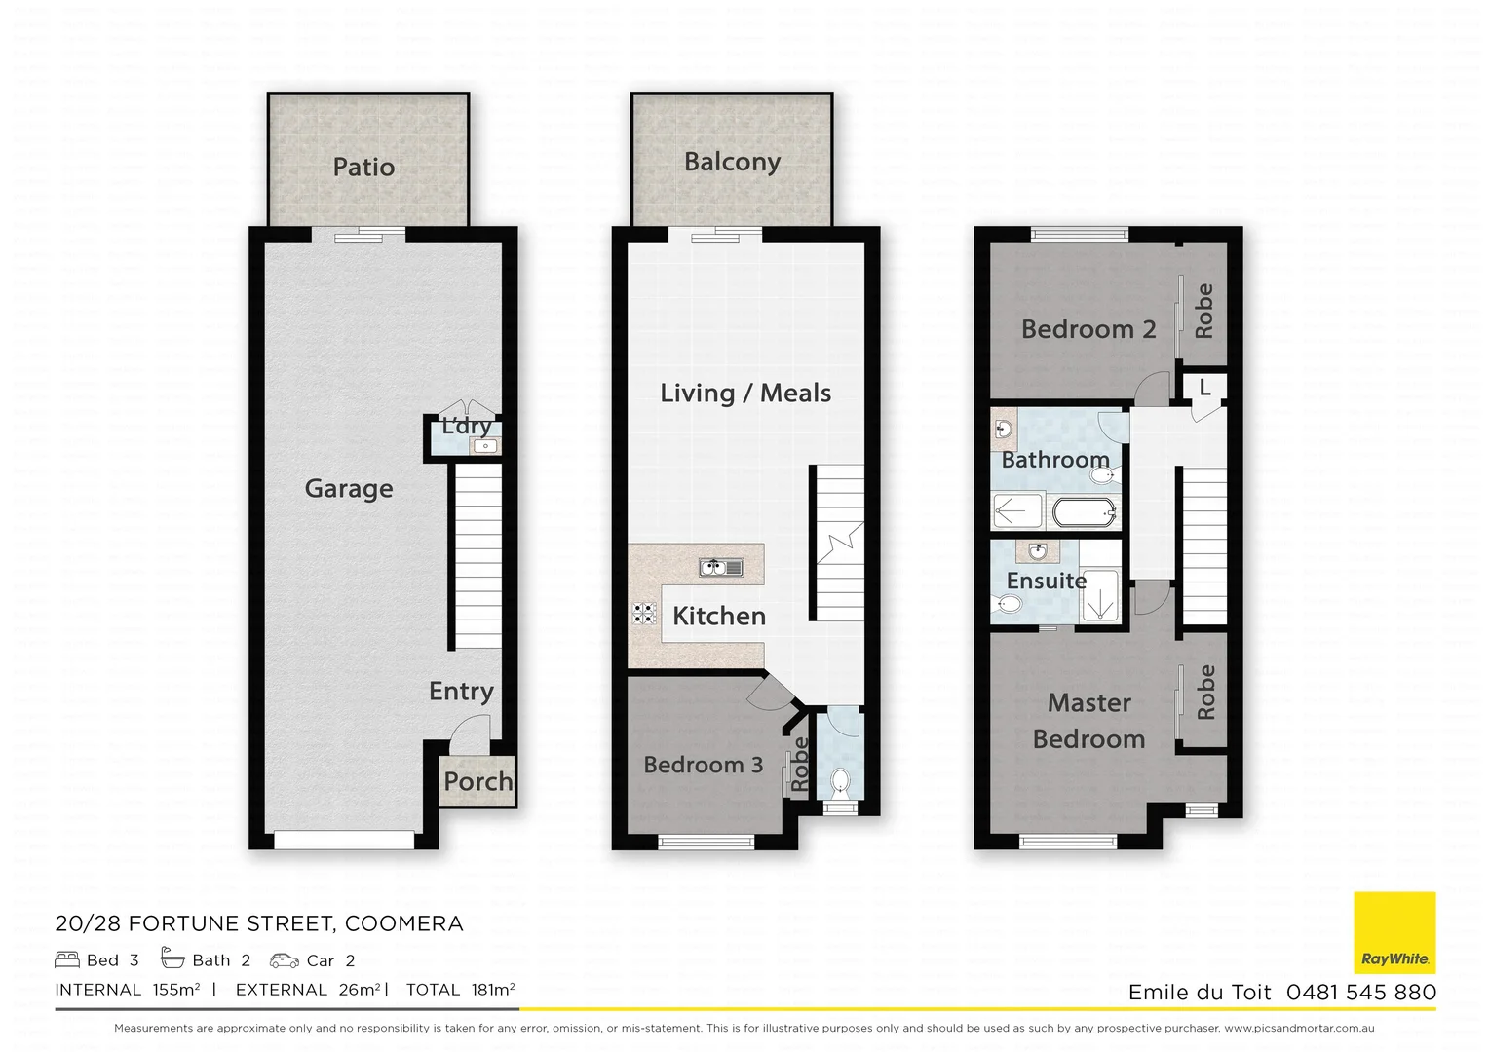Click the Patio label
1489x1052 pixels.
[x=363, y=168]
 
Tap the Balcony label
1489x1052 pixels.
[x=732, y=162]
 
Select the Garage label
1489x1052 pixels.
[x=349, y=488]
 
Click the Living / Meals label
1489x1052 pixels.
[x=745, y=393]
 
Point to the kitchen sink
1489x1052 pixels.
[x=721, y=567]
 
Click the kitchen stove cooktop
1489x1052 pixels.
[x=644, y=613]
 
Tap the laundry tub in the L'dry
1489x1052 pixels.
[x=484, y=446]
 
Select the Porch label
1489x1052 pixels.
[x=477, y=781]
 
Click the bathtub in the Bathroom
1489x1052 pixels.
[x=1084, y=511]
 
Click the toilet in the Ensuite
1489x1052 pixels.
[x=1008, y=605]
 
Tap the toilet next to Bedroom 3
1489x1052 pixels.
[x=839, y=781]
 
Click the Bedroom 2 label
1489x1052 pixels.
[x=1088, y=329]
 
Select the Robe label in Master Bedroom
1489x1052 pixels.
[x=1205, y=692]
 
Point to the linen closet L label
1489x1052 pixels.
[x=1204, y=388]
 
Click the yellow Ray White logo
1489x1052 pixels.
[x=1394, y=932]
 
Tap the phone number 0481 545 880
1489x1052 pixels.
[x=1360, y=992]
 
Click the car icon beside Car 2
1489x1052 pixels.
[x=285, y=960]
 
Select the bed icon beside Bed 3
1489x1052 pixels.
[x=67, y=959]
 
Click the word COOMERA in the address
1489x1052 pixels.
[x=403, y=923]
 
